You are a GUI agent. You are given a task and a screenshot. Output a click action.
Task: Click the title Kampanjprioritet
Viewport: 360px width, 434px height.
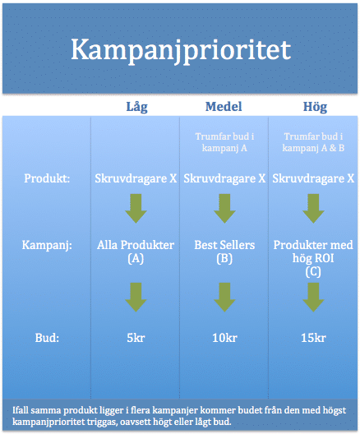(181, 51)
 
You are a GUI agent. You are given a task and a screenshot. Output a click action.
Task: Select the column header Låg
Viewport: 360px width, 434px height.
(136, 107)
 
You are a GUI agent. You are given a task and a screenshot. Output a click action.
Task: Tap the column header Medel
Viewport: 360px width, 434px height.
(224, 107)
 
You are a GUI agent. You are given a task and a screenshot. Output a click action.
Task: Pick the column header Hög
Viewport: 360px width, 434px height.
(315, 107)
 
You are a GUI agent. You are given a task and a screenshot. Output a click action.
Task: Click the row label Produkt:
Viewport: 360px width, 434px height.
(47, 178)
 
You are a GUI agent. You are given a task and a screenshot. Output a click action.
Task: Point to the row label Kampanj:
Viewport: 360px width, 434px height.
(47, 246)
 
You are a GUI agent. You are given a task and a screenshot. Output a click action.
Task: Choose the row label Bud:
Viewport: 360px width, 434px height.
(47, 338)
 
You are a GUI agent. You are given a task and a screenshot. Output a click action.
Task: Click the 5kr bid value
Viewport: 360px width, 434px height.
(136, 338)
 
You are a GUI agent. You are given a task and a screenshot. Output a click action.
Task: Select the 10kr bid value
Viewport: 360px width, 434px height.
(224, 338)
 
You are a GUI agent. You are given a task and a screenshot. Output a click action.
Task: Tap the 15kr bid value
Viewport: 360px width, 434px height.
(313, 338)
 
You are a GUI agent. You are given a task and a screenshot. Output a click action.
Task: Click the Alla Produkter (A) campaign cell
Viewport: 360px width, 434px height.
(136, 252)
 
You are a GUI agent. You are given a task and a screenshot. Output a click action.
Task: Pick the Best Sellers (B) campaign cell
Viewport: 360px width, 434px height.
(224, 252)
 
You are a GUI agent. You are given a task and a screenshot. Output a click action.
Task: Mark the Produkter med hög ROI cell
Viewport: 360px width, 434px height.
(313, 259)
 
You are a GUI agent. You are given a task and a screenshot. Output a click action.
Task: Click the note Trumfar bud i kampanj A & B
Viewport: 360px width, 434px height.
(313, 142)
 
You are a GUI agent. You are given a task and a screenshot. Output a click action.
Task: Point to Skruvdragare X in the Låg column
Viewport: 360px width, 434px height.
(136, 178)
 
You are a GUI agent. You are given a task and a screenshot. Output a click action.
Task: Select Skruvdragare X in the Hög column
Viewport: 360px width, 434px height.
(313, 178)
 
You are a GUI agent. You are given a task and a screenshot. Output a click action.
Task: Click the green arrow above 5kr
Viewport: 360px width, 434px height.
(136, 298)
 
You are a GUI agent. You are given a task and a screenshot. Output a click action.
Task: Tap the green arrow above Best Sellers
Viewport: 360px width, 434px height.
(224, 209)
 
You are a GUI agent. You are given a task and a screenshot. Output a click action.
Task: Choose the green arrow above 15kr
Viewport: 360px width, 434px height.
(313, 298)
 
